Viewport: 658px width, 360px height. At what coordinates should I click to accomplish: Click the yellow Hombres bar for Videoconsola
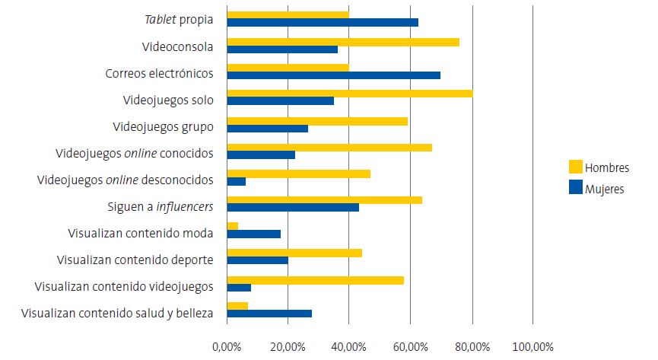[343, 42]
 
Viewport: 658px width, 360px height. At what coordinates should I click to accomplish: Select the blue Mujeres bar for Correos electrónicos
[333, 75]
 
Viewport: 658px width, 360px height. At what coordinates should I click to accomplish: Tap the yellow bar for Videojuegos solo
[349, 94]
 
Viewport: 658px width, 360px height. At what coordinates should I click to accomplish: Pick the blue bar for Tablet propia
[323, 22]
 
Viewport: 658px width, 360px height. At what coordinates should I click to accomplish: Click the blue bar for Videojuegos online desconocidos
[236, 181]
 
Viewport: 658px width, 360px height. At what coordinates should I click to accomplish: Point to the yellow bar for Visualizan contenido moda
[233, 226]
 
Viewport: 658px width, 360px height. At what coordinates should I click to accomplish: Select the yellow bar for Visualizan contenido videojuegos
[315, 280]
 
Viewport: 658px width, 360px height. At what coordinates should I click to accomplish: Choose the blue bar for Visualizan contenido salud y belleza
[269, 314]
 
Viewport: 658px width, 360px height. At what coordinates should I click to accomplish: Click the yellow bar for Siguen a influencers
[324, 200]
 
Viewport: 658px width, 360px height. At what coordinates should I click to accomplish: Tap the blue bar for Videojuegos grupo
[267, 128]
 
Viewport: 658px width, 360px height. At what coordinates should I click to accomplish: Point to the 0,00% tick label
[227, 347]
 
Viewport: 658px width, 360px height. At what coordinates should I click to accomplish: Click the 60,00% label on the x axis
[410, 347]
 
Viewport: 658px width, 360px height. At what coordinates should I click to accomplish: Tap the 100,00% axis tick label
[532, 347]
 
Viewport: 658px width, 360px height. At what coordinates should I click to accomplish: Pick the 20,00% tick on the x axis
[288, 347]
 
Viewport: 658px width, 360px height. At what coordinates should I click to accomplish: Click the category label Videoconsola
[177, 47]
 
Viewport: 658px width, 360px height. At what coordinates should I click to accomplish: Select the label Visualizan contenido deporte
[135, 260]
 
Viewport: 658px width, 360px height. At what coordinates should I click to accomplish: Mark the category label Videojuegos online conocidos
[134, 153]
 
